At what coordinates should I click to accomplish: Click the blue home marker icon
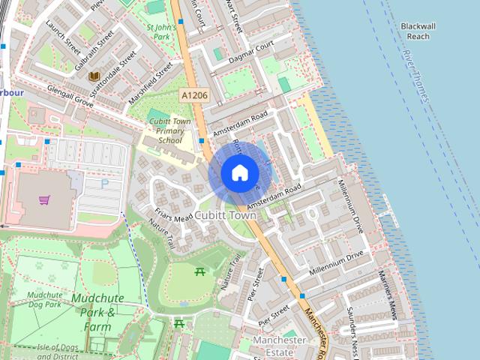pos(239,172)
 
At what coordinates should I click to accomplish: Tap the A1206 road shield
pos(193,96)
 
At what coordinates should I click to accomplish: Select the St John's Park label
pos(161,32)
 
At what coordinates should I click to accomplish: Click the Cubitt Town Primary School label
pos(169,130)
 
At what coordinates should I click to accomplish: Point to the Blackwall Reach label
pos(425,31)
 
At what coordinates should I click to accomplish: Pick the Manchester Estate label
pos(279,346)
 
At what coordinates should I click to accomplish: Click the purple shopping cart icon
pos(44,199)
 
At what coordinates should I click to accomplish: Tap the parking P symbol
pos(104,181)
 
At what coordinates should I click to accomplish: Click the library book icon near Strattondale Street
pos(94,76)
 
